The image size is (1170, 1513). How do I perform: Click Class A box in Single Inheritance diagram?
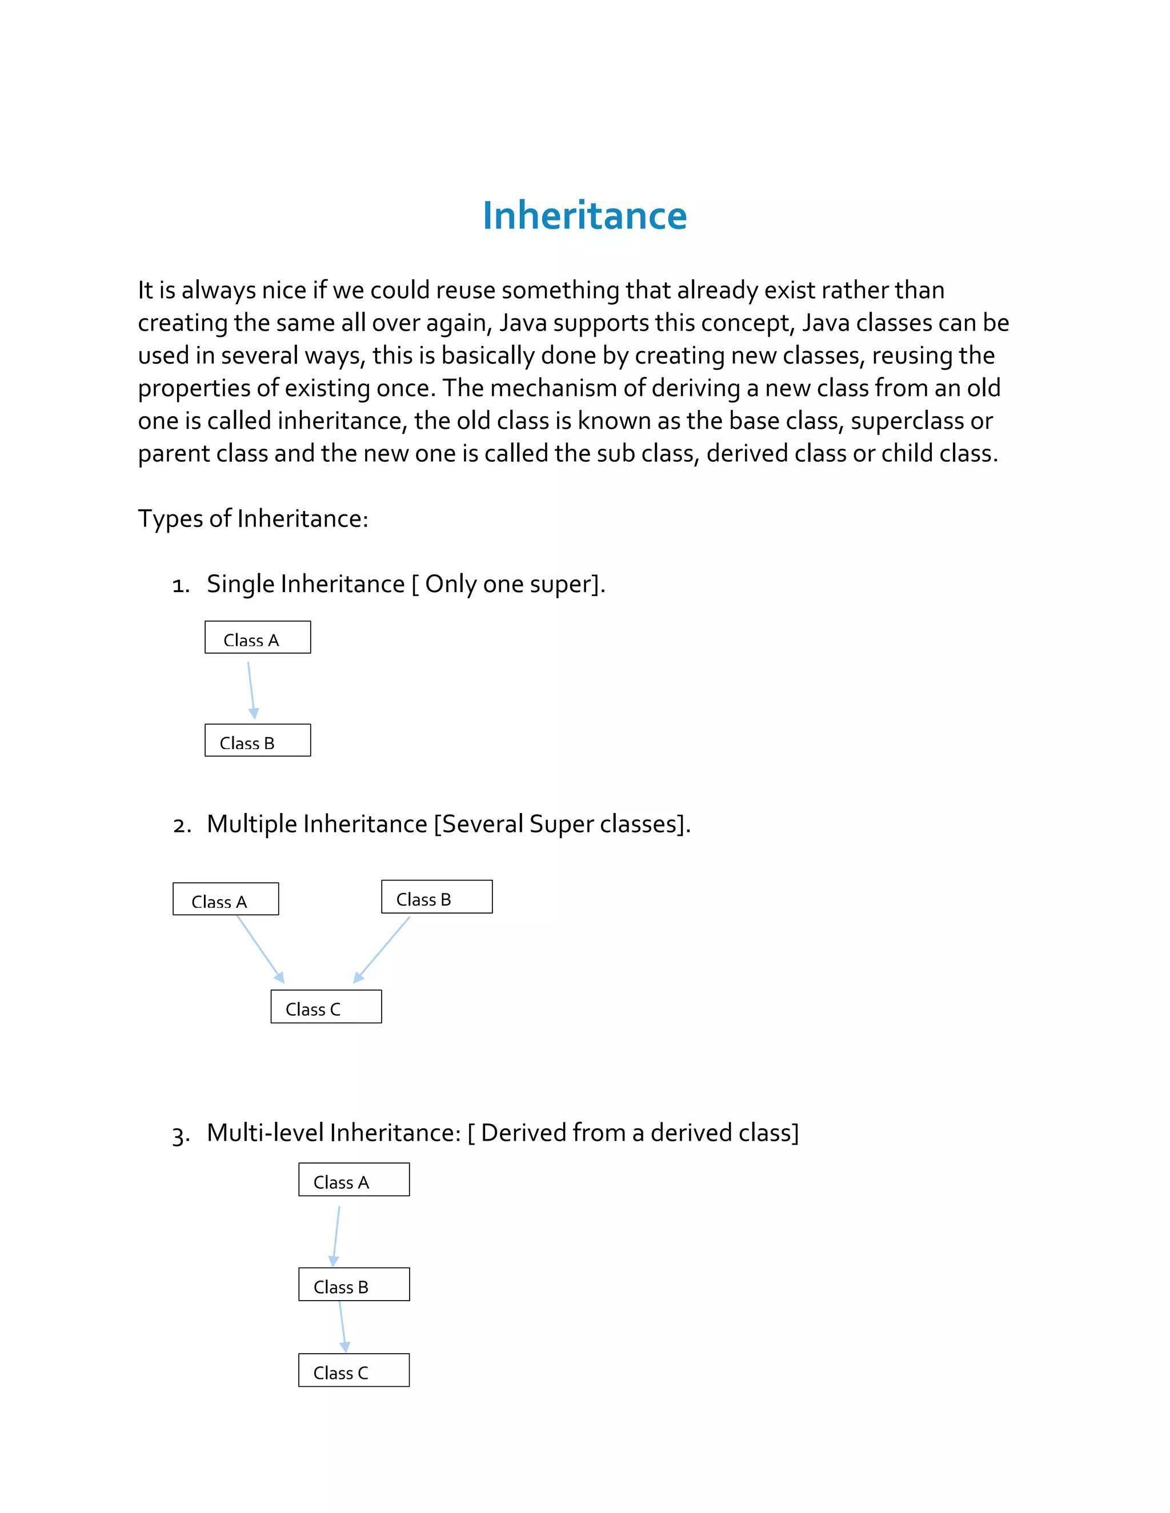[257, 637]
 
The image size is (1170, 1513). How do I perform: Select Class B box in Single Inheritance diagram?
[257, 741]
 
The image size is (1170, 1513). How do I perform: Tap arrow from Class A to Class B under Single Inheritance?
[251, 689]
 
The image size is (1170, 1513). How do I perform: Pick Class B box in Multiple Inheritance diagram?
[436, 897]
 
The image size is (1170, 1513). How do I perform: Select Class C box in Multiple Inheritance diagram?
[326, 1007]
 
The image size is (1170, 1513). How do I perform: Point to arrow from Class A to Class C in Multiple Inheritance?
[261, 948]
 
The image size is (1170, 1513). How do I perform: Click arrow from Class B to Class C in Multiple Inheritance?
[383, 949]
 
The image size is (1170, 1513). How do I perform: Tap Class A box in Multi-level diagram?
[354, 1180]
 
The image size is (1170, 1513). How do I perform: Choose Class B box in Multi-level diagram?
[354, 1285]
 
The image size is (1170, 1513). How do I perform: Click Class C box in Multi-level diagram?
[354, 1370]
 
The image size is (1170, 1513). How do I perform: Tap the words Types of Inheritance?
[253, 519]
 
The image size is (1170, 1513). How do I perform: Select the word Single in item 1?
[241, 584]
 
